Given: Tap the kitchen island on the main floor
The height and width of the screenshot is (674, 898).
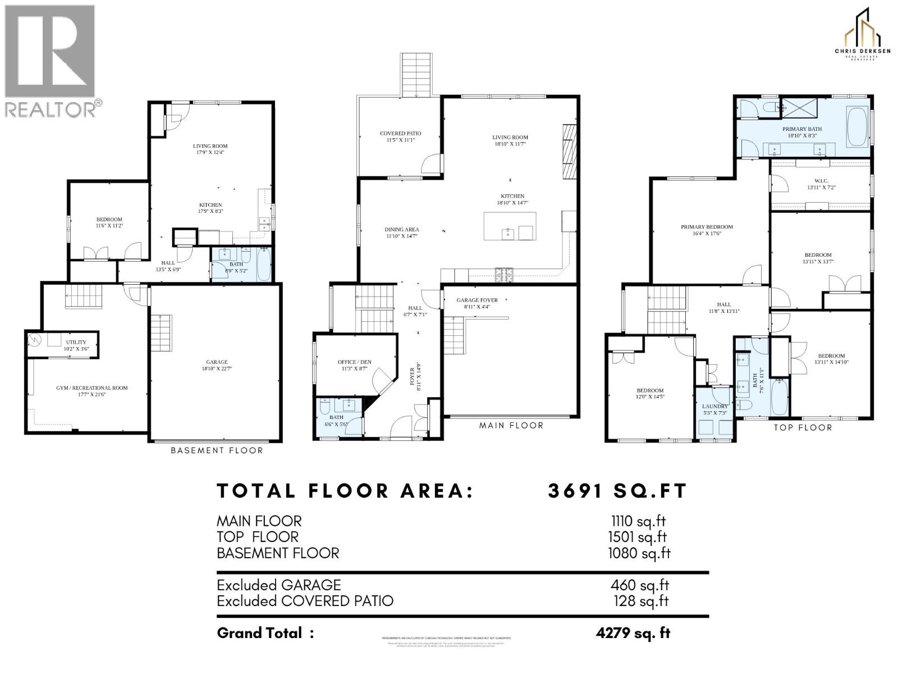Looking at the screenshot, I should (510, 226).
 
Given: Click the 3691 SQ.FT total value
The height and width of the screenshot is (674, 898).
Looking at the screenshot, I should (617, 491).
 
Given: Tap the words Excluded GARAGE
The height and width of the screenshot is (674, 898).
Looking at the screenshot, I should (278, 585).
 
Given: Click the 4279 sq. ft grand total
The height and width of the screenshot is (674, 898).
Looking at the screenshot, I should (633, 633).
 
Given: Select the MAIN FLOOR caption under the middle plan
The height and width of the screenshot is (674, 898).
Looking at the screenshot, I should (511, 426).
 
